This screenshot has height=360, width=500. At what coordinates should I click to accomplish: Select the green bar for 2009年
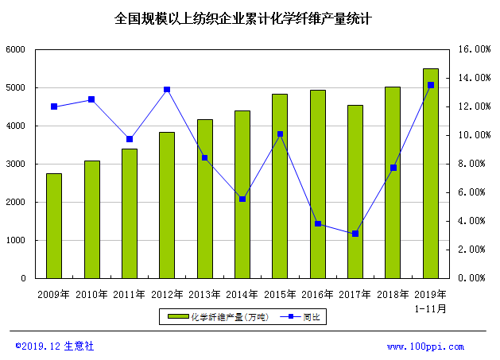click(x=54, y=226)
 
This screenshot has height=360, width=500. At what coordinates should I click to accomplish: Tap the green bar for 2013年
click(x=205, y=199)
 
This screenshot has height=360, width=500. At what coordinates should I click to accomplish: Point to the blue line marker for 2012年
click(x=167, y=90)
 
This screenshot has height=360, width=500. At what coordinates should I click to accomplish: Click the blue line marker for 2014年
click(x=242, y=199)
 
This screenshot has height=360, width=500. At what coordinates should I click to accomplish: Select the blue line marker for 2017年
click(x=355, y=234)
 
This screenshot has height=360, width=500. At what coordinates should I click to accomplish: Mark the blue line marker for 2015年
click(x=280, y=134)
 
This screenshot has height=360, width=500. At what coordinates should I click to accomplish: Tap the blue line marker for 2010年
click(x=91, y=99)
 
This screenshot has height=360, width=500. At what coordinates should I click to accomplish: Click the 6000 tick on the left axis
click(x=16, y=50)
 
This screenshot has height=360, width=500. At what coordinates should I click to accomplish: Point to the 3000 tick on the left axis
click(x=16, y=165)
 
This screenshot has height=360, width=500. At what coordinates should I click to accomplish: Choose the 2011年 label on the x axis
click(x=129, y=294)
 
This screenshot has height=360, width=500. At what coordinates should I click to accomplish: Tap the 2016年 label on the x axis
click(x=317, y=294)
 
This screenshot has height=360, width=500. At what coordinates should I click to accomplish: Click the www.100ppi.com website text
click(x=436, y=346)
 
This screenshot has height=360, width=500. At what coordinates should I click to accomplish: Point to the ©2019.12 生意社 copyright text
click(x=55, y=346)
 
